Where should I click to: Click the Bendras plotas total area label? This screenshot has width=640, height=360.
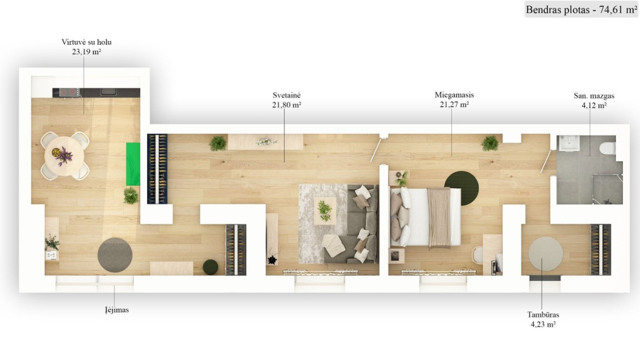[581, 10]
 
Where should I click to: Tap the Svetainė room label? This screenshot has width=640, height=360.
[287, 95]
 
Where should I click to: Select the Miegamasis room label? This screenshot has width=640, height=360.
[454, 95]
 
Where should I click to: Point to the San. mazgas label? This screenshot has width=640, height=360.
[594, 96]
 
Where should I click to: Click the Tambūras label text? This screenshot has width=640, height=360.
[543, 315]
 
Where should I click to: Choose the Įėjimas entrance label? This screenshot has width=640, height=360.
[117, 310]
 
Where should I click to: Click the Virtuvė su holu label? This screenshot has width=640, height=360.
[87, 42]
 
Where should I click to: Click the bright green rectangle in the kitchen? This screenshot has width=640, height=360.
[133, 164]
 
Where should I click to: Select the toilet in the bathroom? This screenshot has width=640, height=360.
[608, 148]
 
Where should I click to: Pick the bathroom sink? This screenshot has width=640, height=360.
[569, 143]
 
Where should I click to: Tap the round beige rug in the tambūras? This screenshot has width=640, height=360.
[546, 254]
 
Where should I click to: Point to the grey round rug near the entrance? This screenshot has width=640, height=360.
[115, 255]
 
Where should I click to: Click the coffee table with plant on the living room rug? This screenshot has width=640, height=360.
[325, 210]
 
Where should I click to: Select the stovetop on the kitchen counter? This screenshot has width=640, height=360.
[69, 92]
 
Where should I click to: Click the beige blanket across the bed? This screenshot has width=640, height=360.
[438, 218]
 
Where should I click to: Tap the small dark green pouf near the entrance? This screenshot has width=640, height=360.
[210, 267]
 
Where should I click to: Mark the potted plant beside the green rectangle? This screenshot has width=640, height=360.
[131, 196]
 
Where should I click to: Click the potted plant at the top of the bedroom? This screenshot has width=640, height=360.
[490, 143]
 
